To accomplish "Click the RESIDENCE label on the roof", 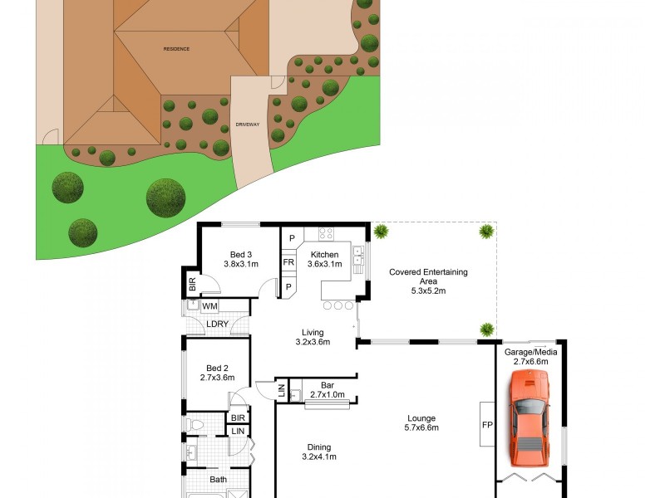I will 175,49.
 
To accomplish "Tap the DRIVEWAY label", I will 248,124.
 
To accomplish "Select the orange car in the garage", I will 529,417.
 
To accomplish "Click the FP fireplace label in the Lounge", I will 487,425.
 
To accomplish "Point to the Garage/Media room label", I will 531,356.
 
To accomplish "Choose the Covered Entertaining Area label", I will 429,281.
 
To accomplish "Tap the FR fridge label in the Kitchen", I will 289,262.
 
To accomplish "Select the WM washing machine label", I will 209,306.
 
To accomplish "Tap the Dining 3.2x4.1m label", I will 319,451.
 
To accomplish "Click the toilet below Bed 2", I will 195,424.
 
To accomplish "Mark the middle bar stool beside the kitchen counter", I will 338,305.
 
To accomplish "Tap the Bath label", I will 218,479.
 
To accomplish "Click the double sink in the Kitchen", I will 357,259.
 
